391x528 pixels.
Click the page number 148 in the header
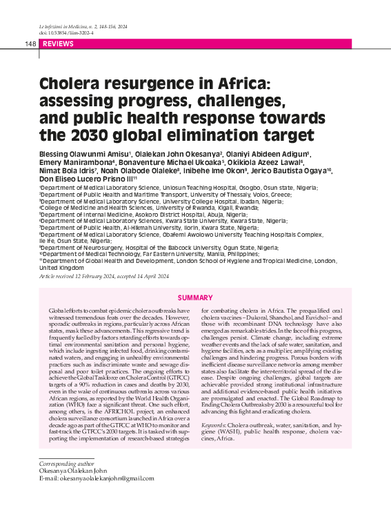30,43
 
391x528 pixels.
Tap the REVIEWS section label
58,43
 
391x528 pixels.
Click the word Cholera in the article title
70,86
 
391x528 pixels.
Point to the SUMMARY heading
195,297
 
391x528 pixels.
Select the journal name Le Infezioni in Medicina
64,26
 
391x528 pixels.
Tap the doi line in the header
63,32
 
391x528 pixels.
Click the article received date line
103,276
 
